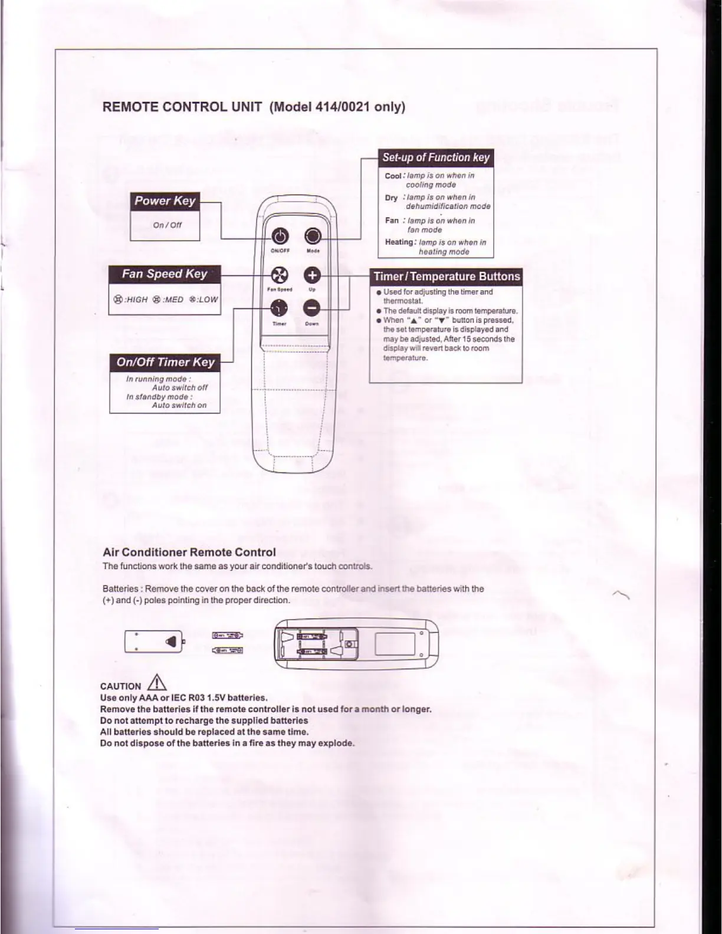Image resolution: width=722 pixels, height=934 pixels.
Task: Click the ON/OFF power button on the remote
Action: point(279,237)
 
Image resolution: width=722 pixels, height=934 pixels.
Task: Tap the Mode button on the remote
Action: point(313,236)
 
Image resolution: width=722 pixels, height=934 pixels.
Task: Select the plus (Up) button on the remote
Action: point(312,275)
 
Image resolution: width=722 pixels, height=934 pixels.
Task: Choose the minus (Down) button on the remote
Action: point(312,308)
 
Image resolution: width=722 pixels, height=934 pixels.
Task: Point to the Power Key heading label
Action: point(165,200)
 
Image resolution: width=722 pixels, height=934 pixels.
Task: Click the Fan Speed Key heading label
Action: point(165,274)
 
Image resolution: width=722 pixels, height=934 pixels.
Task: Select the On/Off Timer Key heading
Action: point(165,362)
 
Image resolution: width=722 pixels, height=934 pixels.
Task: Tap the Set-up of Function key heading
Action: point(436,157)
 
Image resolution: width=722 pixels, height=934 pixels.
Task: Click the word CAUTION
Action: point(121,686)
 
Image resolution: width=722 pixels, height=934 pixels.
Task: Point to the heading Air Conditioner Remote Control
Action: point(189,552)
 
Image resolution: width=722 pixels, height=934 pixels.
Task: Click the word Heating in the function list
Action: point(399,242)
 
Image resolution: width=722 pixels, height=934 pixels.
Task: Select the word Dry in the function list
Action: point(391,198)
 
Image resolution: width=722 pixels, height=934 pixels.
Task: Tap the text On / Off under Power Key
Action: point(167,225)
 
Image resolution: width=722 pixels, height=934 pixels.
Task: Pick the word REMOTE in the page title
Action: point(130,107)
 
